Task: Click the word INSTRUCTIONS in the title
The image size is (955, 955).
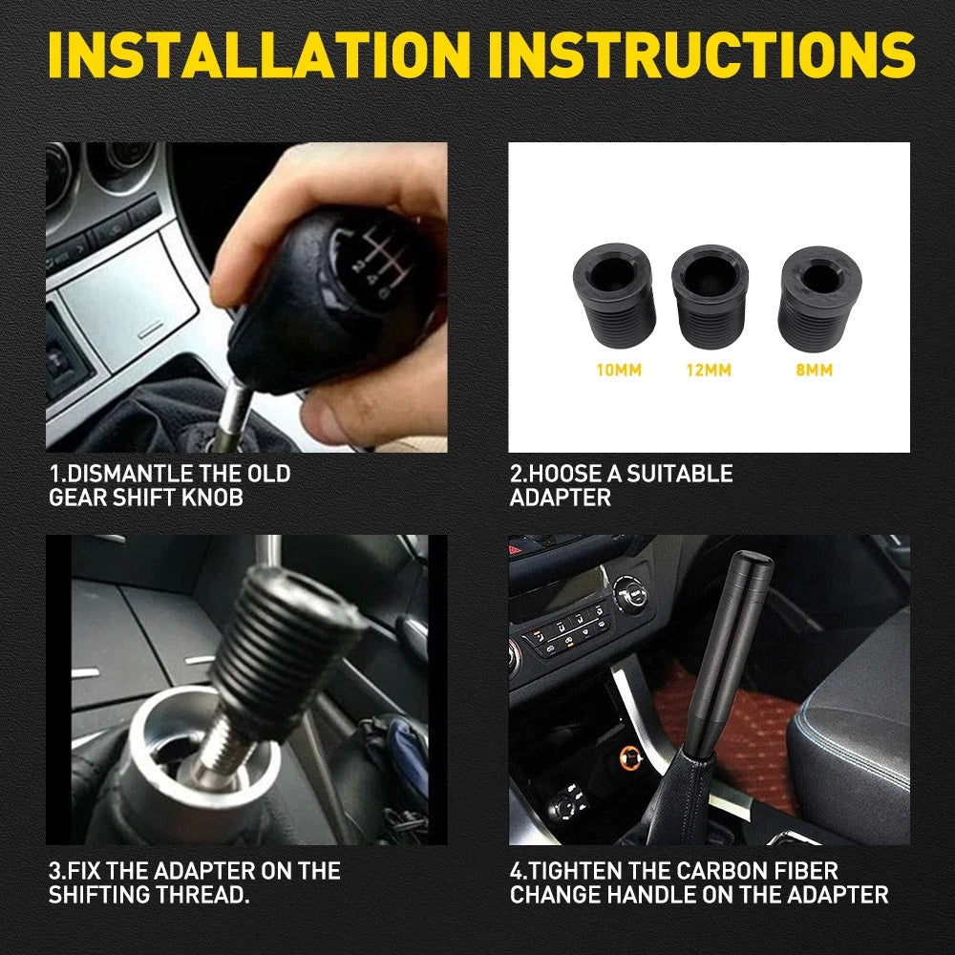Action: [x=708, y=54]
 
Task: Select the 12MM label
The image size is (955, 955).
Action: [x=708, y=370]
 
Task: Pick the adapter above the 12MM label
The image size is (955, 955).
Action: [x=710, y=291]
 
